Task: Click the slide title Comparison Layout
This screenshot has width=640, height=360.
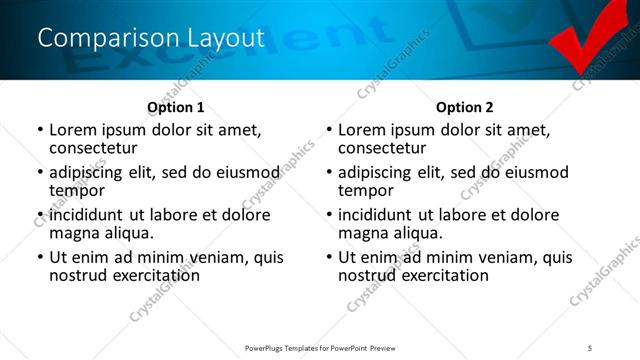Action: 151,38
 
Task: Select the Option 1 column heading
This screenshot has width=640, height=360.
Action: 175,107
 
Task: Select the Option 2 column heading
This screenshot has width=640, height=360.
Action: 464,107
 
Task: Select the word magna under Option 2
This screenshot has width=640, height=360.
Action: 363,232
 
